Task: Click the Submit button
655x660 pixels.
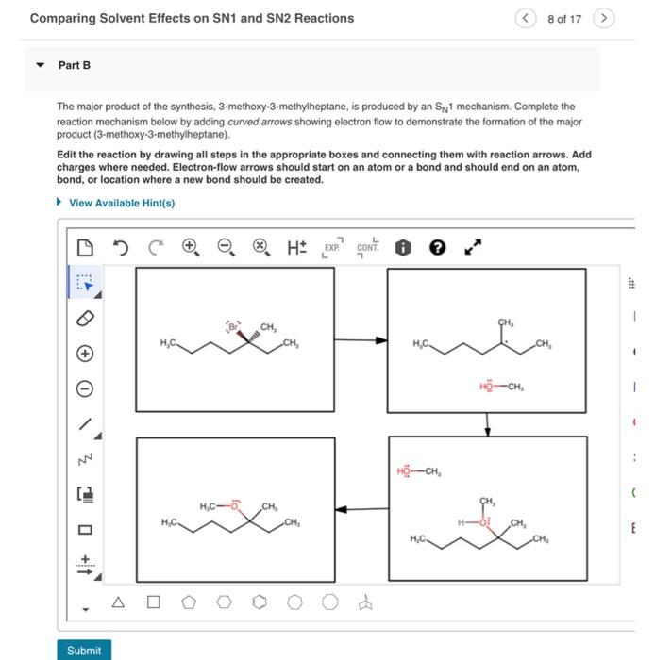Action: [x=84, y=650]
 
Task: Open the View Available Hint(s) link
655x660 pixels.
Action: [x=121, y=203]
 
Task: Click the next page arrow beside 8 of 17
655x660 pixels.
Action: [x=605, y=18]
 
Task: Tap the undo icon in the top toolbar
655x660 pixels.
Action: [x=120, y=248]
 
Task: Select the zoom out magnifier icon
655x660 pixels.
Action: [x=225, y=248]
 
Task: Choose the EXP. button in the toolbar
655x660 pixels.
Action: [x=331, y=248]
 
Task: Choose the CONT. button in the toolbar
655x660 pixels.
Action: [x=367, y=248]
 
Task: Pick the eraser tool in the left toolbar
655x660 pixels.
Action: [x=85, y=320]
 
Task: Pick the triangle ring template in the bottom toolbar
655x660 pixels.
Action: [x=118, y=601]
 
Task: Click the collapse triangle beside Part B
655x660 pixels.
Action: [x=40, y=66]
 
